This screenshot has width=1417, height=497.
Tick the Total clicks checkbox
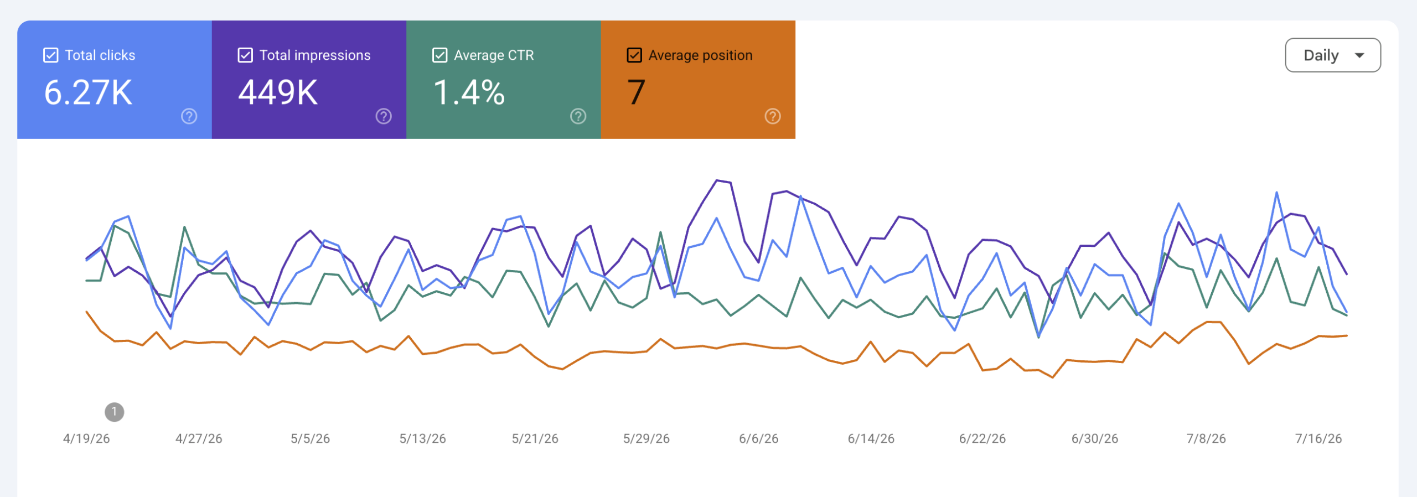pyautogui.click(x=50, y=55)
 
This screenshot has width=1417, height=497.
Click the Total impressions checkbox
pyautogui.click(x=245, y=55)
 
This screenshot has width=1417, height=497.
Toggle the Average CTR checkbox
pyautogui.click(x=440, y=55)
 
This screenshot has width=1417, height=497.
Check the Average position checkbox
pyautogui.click(x=634, y=55)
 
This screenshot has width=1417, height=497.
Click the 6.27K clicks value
pyautogui.click(x=88, y=92)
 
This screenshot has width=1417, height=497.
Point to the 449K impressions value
pyautogui.click(x=278, y=92)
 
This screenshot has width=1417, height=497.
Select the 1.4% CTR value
pyautogui.click(x=469, y=92)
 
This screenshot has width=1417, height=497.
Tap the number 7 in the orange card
pyautogui.click(x=637, y=92)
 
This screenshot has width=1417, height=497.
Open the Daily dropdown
pyautogui.click(x=1333, y=55)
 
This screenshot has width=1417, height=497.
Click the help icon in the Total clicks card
pyautogui.click(x=189, y=116)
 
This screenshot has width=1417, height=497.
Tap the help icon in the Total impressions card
pyautogui.click(x=384, y=116)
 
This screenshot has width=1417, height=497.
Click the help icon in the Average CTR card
pyautogui.click(x=578, y=116)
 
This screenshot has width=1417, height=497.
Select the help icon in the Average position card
pyautogui.click(x=773, y=116)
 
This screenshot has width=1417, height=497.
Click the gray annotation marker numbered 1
pyautogui.click(x=115, y=412)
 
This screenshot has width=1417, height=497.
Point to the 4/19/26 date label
pyautogui.click(x=86, y=439)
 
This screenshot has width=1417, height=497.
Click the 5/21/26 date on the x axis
pyautogui.click(x=535, y=439)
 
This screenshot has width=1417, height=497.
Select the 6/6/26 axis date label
pyautogui.click(x=759, y=439)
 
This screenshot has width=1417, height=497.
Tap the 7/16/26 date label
pyautogui.click(x=1318, y=439)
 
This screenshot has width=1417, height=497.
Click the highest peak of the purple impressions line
pyautogui.click(x=717, y=180)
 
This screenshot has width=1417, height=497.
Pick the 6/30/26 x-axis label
pyautogui.click(x=1095, y=439)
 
